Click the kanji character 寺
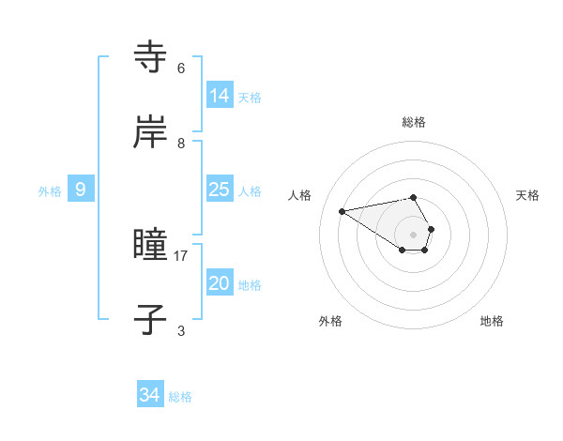[151, 57]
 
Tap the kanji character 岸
[151, 132]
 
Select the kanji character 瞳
[151, 246]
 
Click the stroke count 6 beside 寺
[181, 68]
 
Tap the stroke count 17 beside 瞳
[181, 255]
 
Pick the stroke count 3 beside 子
[181, 330]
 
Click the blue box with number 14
[219, 96]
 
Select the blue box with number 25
[219, 190]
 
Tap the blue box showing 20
[219, 283]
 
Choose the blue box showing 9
[81, 190]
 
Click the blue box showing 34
[149, 395]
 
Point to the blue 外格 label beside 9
[50, 191]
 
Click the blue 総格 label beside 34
[180, 397]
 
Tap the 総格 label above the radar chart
[414, 122]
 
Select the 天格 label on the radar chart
[528, 195]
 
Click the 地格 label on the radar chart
[492, 321]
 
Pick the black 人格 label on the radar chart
[300, 195]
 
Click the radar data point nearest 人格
[342, 210]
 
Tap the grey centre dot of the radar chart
[414, 235]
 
